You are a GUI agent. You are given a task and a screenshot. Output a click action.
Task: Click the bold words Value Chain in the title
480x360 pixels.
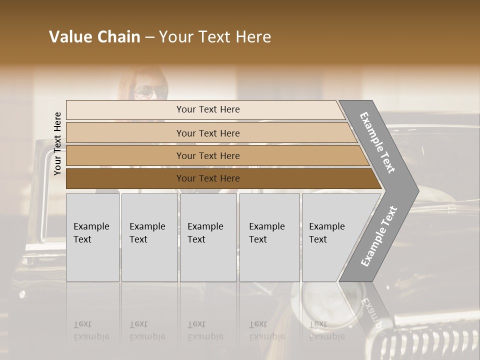[x=94, y=37]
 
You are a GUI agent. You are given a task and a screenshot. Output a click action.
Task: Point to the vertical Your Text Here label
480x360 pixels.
[x=57, y=143]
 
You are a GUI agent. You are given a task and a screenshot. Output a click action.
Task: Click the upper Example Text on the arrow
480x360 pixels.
[x=377, y=142]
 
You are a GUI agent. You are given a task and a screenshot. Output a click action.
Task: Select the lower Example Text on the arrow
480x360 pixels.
[x=378, y=236]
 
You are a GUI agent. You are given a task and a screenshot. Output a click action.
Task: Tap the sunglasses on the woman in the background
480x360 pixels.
[x=150, y=91]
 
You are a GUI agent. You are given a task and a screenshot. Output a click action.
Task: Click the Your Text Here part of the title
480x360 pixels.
[x=215, y=37]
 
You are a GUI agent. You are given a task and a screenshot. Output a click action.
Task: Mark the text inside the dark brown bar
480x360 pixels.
[x=208, y=178]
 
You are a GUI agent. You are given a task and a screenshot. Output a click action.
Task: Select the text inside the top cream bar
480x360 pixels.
[x=208, y=109]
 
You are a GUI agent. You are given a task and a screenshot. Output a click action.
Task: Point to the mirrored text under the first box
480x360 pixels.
[x=91, y=330]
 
